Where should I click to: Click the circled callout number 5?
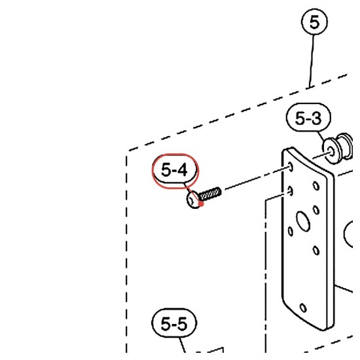click(314, 22)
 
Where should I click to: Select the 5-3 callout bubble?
click(308, 118)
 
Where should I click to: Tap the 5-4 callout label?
click(175, 170)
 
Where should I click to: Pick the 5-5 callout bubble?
click(174, 323)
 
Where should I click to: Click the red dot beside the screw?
click(201, 204)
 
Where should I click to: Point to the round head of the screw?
click(193, 200)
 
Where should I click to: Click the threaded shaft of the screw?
click(210, 194)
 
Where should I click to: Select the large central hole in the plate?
click(303, 221)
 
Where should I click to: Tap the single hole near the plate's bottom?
click(303, 308)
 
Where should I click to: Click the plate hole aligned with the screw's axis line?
click(291, 167)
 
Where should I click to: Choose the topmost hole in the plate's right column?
click(316, 185)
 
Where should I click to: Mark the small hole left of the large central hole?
click(291, 231)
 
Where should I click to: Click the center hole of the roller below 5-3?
click(331, 151)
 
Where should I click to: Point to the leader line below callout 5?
click(312, 61)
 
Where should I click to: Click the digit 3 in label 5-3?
click(315, 118)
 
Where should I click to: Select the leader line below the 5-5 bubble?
click(182, 344)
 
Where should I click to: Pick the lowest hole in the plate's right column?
click(316, 250)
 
